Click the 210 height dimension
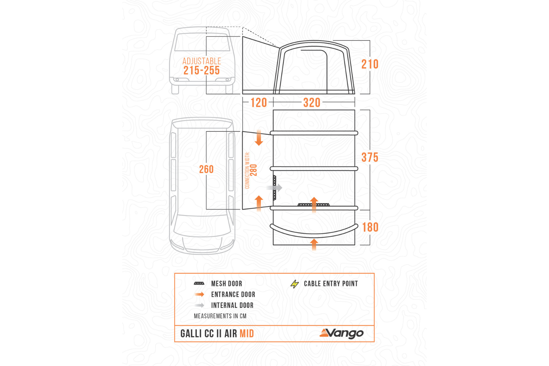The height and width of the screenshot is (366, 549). (x=370, y=64)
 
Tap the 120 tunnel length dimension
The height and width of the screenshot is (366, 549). (x=259, y=103)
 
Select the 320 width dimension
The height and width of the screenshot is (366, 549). (x=312, y=103)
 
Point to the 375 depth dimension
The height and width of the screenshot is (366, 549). (x=370, y=158)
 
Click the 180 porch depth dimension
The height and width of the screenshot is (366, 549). (x=370, y=227)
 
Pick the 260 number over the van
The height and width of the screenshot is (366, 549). (x=206, y=169)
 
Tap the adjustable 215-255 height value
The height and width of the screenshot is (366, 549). (x=202, y=70)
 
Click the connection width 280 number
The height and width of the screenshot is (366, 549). (x=254, y=170)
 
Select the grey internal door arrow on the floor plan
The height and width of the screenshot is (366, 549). (x=274, y=188)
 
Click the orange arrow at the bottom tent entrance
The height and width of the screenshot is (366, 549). (x=314, y=245)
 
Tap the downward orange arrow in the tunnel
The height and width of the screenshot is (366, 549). (x=259, y=138)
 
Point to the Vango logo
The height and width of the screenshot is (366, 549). (x=341, y=333)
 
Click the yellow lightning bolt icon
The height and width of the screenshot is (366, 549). (x=295, y=284)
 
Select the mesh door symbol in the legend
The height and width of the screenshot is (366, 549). (x=199, y=284)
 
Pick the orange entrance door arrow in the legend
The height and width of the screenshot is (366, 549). (x=199, y=295)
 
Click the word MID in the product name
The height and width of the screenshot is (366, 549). (x=247, y=334)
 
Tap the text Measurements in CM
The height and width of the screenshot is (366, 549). (x=220, y=316)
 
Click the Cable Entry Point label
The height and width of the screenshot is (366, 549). (x=331, y=284)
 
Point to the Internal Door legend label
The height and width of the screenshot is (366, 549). (x=232, y=305)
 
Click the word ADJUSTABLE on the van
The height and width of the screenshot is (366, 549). (x=202, y=61)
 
